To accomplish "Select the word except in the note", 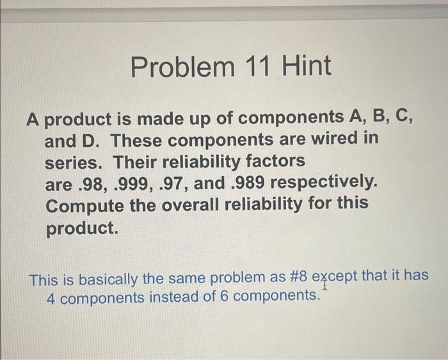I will pyautogui.click(x=335, y=279).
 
